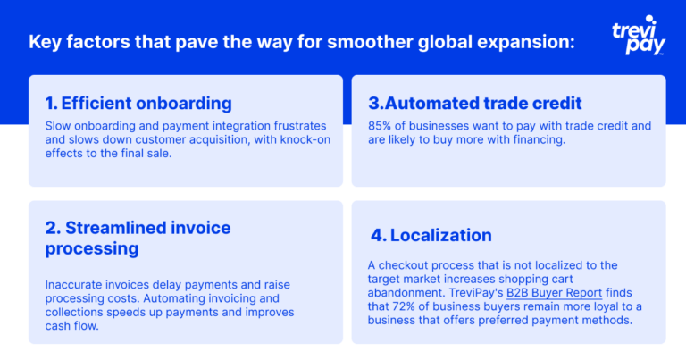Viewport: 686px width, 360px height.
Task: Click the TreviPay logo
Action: click(639, 36)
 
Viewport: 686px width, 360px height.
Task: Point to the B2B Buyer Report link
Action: click(554, 293)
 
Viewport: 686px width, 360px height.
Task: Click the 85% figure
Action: click(380, 126)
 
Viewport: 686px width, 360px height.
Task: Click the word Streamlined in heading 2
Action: click(115, 228)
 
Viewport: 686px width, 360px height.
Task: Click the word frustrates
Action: click(300, 126)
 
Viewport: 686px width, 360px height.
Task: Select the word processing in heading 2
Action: click(92, 249)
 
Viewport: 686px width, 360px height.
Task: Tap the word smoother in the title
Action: click(370, 42)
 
